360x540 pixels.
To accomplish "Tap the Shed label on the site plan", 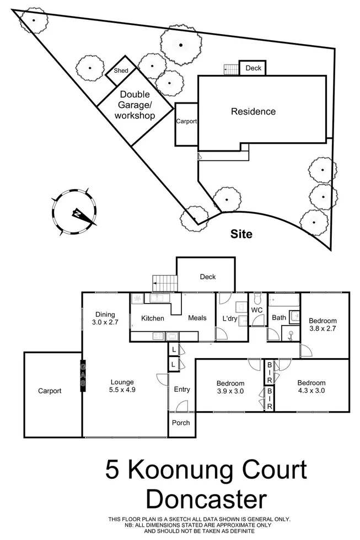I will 120,71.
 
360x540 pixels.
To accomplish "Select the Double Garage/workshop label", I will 135,105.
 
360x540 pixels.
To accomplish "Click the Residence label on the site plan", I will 253,111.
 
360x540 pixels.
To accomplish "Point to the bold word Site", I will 241,234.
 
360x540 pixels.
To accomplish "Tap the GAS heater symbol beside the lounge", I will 83,376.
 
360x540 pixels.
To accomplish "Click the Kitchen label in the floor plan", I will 153,318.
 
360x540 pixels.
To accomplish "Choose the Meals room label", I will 197,318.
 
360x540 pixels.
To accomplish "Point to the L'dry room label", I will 229,320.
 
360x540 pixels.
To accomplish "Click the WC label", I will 257,311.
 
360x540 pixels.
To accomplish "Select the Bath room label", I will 278,317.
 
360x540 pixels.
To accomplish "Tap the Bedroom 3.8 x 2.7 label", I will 323,325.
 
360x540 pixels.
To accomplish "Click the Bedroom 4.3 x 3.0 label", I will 311,387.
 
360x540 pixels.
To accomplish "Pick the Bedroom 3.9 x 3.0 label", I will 230,387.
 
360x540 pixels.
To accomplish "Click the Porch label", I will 181,423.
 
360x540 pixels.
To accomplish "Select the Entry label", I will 182,390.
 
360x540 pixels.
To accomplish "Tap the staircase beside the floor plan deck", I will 165,283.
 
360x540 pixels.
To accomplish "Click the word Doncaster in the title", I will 206,500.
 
